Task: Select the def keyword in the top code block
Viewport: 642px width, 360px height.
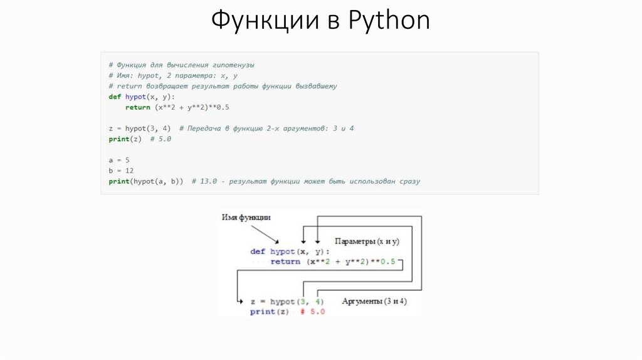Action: pyautogui.click(x=114, y=97)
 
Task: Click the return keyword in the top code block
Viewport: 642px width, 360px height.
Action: pyautogui.click(x=137, y=107)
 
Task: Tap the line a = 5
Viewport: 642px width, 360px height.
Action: pyautogui.click(x=118, y=160)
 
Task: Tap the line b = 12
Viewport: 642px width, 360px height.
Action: pyautogui.click(x=120, y=171)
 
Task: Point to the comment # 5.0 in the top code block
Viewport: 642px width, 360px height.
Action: pyautogui.click(x=160, y=139)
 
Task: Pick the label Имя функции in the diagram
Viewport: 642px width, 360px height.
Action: pyautogui.click(x=246, y=218)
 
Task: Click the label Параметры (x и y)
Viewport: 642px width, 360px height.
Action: pyautogui.click(x=367, y=241)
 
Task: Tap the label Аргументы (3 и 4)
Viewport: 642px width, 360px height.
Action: pyautogui.click(x=374, y=302)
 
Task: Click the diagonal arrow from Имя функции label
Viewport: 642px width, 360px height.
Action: pyautogui.click(x=266, y=235)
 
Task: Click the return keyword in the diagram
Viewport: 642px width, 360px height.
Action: pyautogui.click(x=285, y=262)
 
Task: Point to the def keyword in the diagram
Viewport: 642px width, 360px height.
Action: pyautogui.click(x=258, y=251)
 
